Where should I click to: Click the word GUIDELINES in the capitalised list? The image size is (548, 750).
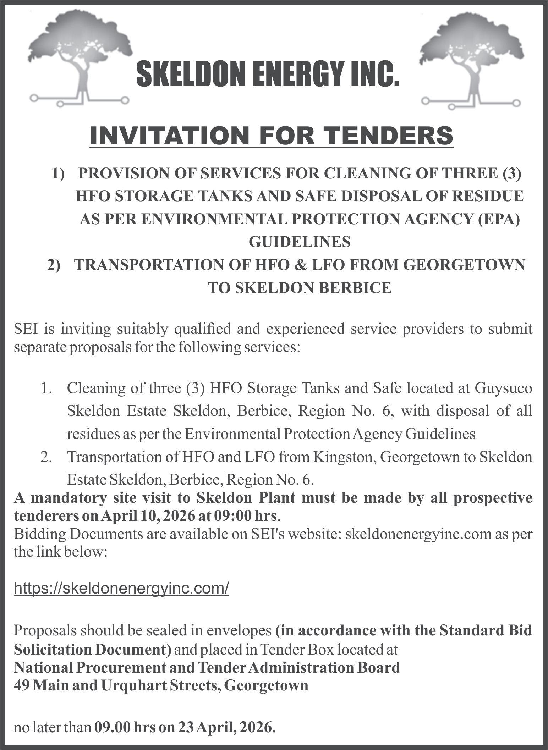[x=300, y=242]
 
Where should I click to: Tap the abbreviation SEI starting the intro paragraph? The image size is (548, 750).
[x=26, y=329]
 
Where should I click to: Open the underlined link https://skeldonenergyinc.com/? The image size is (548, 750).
[x=121, y=588]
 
